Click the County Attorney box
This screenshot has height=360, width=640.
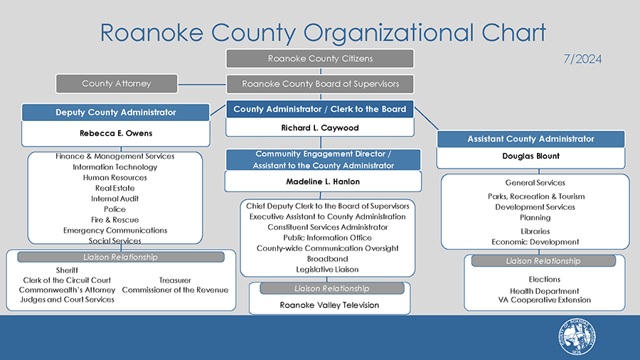(x=117, y=83)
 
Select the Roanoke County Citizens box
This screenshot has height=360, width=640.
(x=320, y=58)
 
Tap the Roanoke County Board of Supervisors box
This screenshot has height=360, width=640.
(x=320, y=84)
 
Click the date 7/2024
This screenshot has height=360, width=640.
(x=582, y=58)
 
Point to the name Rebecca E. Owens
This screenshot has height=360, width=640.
(x=115, y=133)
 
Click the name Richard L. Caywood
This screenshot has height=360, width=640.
(x=320, y=128)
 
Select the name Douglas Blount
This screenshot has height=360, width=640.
(x=530, y=156)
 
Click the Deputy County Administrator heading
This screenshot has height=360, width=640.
(x=115, y=112)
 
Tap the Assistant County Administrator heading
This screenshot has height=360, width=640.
(x=530, y=139)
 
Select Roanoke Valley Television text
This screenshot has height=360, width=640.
(x=329, y=305)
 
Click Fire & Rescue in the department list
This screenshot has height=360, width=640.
(x=115, y=220)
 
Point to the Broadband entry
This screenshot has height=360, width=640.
(x=327, y=259)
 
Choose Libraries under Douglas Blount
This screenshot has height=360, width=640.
(x=535, y=231)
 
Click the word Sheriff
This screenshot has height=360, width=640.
(x=67, y=270)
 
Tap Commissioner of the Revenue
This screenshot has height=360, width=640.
(x=175, y=290)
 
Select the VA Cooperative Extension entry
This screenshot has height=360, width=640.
(x=545, y=300)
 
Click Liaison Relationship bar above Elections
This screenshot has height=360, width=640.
(x=543, y=261)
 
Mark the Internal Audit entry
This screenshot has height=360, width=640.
(x=115, y=198)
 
